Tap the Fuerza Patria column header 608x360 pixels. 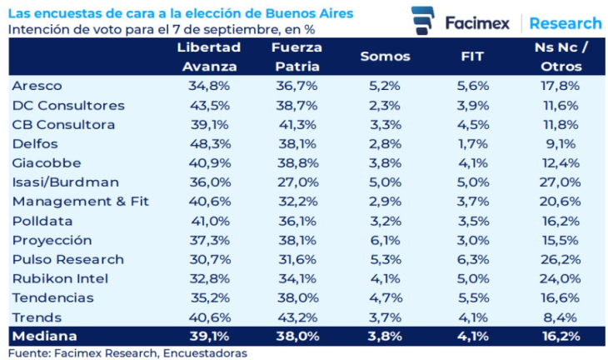pos(297,57)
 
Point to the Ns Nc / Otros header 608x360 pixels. pos(560,57)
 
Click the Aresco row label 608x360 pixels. pos(37,86)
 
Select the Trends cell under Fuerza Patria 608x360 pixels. pos(297,317)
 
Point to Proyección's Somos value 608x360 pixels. pos(385,240)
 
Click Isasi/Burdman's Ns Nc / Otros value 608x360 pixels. pos(560,182)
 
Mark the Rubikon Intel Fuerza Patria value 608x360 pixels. pos(297,278)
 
